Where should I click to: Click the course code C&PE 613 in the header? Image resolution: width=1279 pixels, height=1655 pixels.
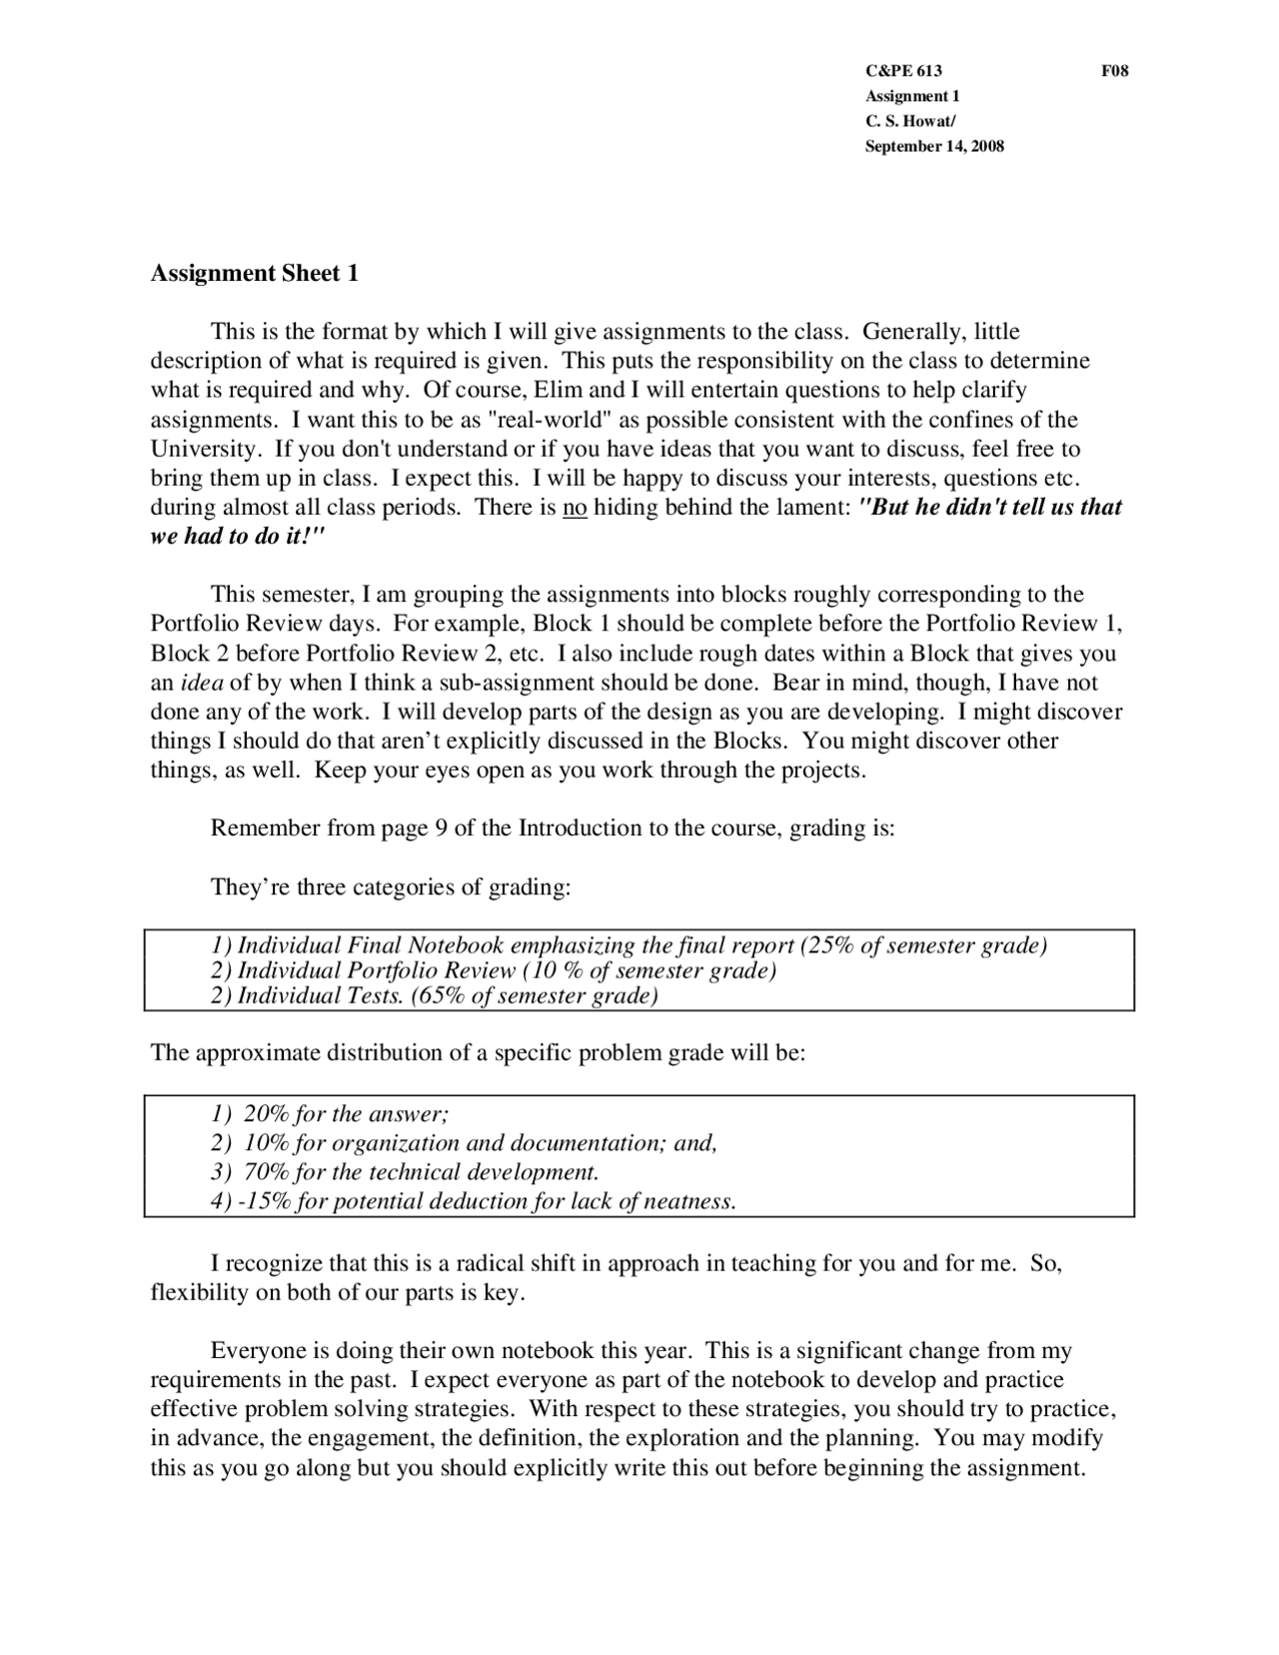click(x=902, y=71)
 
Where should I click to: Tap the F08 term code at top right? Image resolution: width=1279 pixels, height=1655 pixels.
click(x=1114, y=71)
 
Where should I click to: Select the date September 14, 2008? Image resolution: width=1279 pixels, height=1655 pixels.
click(x=933, y=147)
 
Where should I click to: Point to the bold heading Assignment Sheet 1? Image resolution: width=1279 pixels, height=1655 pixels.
click(x=254, y=273)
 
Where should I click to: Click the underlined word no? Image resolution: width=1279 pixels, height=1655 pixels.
click(x=575, y=508)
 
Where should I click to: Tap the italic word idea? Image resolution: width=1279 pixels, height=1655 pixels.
click(x=201, y=684)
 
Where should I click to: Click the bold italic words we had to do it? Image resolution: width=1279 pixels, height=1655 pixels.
click(x=238, y=537)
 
